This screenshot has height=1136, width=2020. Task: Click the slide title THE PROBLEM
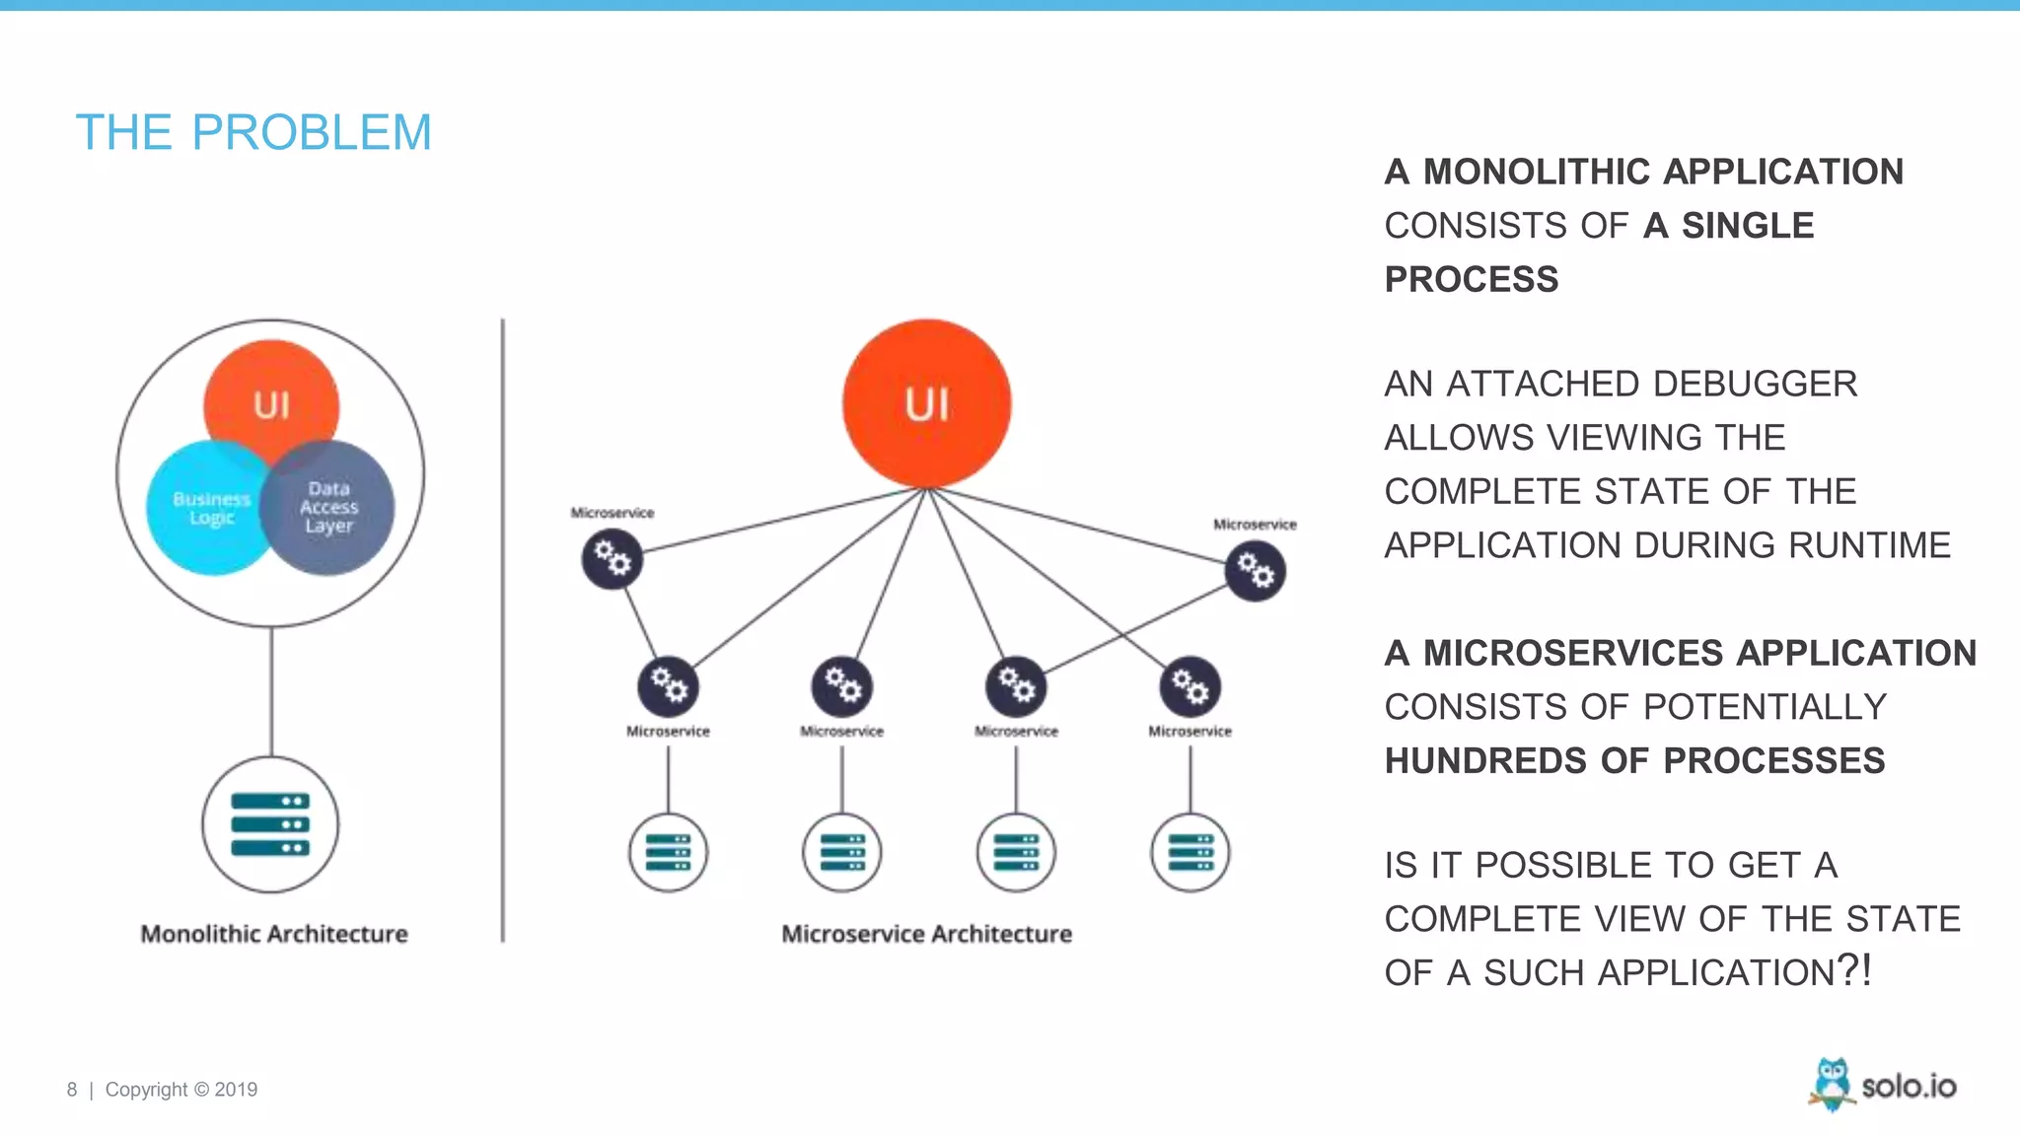point(253,132)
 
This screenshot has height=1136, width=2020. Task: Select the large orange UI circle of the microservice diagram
point(926,403)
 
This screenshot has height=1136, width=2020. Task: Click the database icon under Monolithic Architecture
point(270,824)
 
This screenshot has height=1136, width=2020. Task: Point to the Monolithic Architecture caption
point(274,934)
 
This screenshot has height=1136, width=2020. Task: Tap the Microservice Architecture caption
point(926,934)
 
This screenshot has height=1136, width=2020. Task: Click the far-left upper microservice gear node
point(612,559)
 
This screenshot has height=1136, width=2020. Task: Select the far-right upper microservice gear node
point(1255,571)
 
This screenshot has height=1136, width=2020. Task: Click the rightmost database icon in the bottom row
point(1190,852)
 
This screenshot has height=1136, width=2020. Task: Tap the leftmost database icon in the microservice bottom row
point(668,852)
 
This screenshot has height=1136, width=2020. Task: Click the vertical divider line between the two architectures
point(503,631)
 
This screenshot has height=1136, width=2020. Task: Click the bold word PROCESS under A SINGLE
point(1471,279)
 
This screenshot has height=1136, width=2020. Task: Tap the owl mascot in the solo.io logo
point(1832,1083)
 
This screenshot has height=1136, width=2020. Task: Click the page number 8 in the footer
point(72,1090)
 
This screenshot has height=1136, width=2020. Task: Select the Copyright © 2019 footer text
point(181,1090)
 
